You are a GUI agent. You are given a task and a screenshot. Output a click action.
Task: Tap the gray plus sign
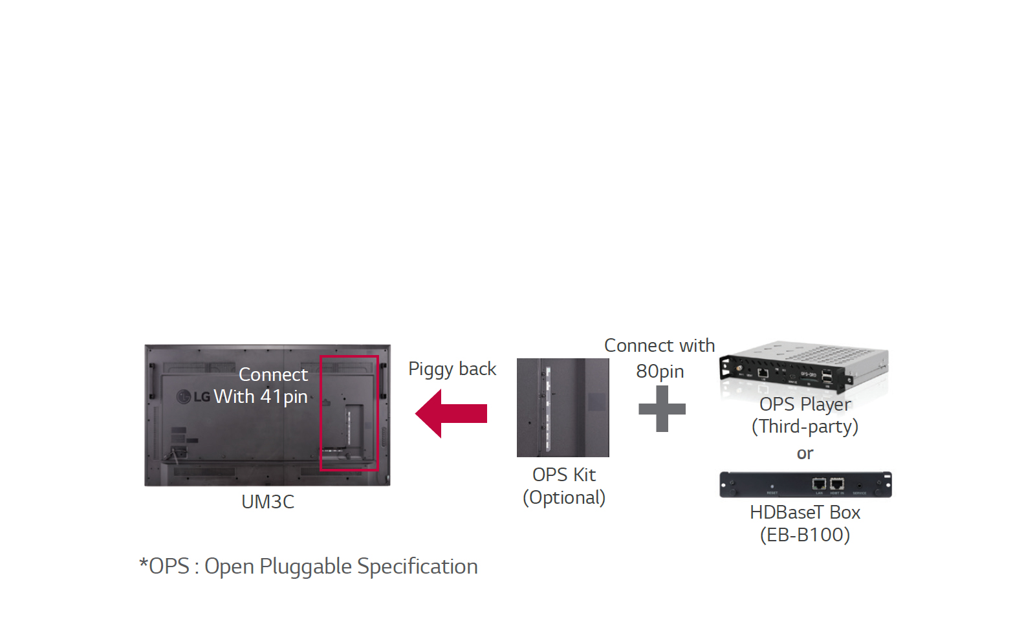(x=662, y=409)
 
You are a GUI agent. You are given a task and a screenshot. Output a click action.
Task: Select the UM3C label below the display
(x=267, y=502)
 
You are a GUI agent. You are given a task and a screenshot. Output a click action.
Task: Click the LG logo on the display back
(x=193, y=396)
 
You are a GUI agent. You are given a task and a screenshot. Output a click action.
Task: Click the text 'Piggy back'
(x=452, y=369)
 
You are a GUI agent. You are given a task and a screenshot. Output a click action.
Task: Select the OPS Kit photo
(x=563, y=407)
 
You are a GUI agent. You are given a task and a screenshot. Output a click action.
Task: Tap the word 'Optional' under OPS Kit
(x=564, y=497)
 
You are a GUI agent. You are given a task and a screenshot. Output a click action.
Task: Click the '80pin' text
(x=660, y=371)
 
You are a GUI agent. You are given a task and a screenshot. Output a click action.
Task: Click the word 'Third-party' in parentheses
(x=805, y=426)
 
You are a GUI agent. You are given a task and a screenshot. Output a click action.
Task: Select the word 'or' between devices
(x=805, y=453)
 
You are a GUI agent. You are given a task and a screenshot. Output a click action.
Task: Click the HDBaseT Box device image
(x=805, y=484)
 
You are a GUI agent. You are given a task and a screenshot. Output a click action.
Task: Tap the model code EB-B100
(x=805, y=535)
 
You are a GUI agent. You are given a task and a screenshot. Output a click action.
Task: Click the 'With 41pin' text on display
(x=261, y=396)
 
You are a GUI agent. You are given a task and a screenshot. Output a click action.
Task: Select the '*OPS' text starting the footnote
(x=164, y=567)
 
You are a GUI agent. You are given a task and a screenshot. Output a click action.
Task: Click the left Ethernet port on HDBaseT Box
(x=819, y=484)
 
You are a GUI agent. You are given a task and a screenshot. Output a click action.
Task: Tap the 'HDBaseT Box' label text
(x=805, y=512)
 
